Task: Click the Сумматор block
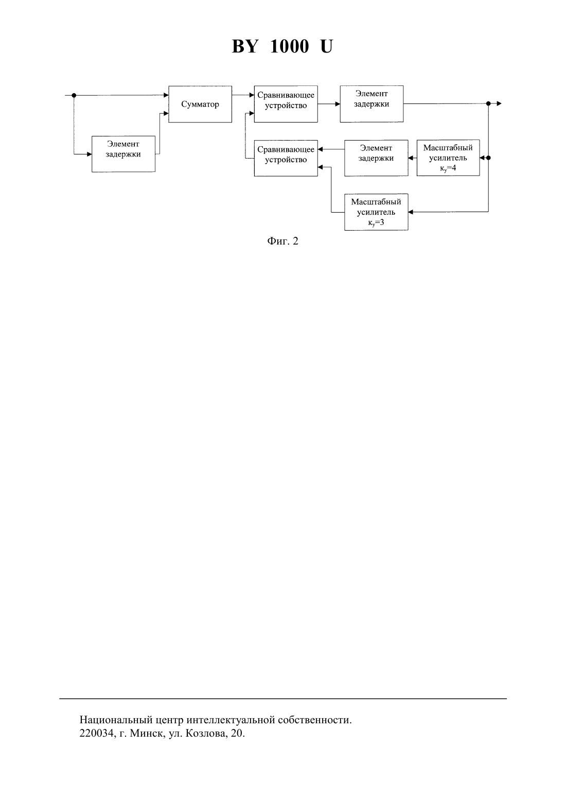click(x=200, y=104)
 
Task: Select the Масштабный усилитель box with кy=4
click(x=448, y=158)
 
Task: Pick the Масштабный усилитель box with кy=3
click(x=376, y=212)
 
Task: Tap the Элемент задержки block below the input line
click(x=123, y=154)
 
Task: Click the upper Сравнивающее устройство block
click(x=286, y=104)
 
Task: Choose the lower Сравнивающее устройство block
click(x=286, y=158)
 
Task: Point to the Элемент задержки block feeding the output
click(x=372, y=103)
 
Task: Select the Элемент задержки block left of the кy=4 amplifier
click(x=376, y=158)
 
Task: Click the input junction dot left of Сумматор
click(x=74, y=95)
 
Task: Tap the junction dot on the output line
click(x=488, y=103)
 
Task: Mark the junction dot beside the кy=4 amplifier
click(x=488, y=158)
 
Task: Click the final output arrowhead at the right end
click(x=499, y=103)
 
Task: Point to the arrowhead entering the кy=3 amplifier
click(x=411, y=212)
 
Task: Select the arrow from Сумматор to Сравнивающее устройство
click(x=243, y=95)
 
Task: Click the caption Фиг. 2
click(x=282, y=241)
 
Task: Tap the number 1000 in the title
click(x=289, y=46)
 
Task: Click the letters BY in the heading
click(x=245, y=46)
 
